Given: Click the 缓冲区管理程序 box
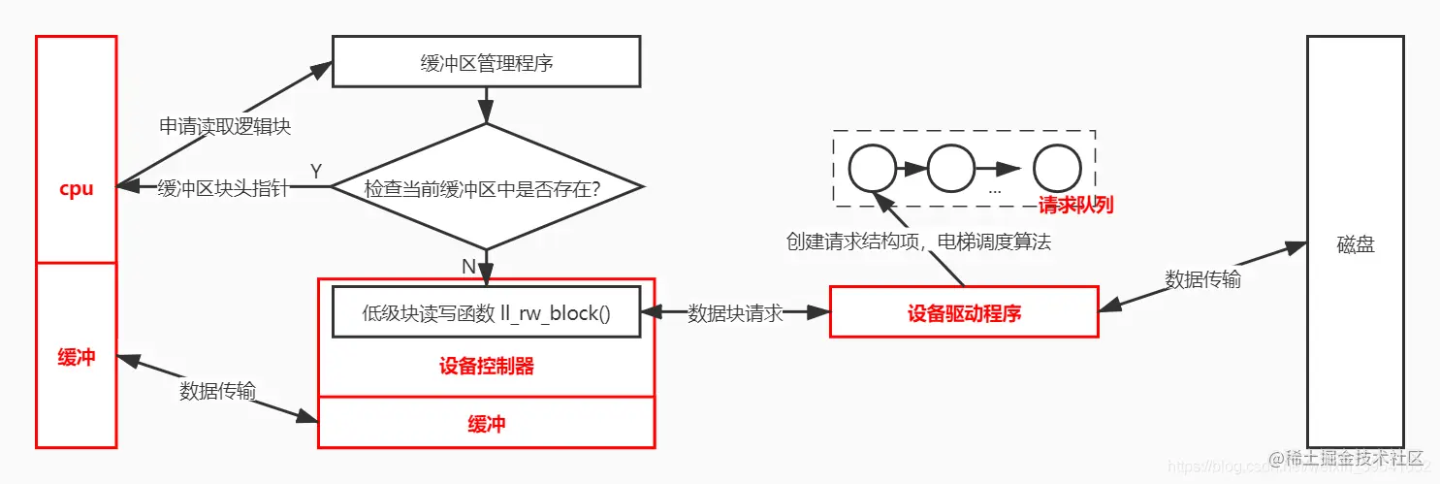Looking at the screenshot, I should [x=486, y=62].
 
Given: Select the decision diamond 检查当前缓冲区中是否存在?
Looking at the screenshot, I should [x=486, y=187].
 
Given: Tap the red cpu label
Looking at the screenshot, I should [x=76, y=188].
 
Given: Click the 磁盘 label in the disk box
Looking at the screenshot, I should [x=1355, y=245].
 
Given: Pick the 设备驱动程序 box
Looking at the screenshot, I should [x=964, y=312].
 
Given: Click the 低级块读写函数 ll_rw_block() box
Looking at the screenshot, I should [x=486, y=312].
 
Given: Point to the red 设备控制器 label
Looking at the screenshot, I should [x=486, y=366].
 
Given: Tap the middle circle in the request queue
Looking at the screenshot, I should [x=950, y=169].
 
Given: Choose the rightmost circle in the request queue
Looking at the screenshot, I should [x=1056, y=169].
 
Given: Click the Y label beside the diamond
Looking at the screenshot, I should [x=315, y=171].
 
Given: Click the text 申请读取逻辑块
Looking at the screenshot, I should [x=225, y=126].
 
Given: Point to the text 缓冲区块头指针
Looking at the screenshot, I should [x=222, y=188].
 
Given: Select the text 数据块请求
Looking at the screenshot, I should [x=735, y=313].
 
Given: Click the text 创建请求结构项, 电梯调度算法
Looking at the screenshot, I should [x=917, y=242].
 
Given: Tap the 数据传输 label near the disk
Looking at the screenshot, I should [x=1202, y=278].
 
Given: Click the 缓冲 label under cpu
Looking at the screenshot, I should [x=76, y=356].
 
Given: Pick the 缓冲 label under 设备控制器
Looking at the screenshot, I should [x=486, y=423].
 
